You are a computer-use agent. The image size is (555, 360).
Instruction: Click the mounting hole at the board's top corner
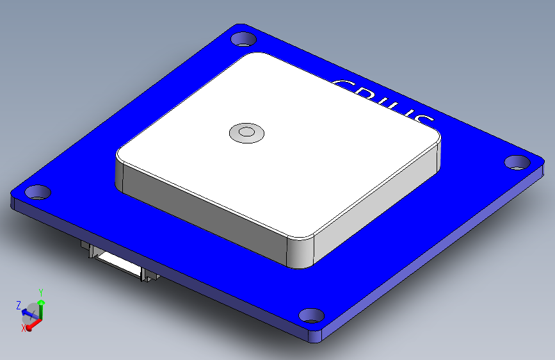(243, 39)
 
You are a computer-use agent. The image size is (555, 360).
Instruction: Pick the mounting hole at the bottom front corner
(312, 315)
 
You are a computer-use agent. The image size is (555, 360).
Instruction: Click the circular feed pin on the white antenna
(246, 133)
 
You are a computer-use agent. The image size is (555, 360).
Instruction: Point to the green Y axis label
(42, 293)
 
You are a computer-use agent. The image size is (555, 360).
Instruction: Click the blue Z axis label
(19, 305)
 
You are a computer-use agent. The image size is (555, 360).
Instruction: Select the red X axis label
(24, 327)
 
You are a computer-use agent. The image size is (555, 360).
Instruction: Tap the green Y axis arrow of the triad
(42, 307)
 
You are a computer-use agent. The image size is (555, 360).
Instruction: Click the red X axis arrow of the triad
(33, 322)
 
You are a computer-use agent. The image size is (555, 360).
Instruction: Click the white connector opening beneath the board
(118, 262)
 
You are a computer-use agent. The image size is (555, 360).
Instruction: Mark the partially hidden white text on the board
(384, 102)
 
